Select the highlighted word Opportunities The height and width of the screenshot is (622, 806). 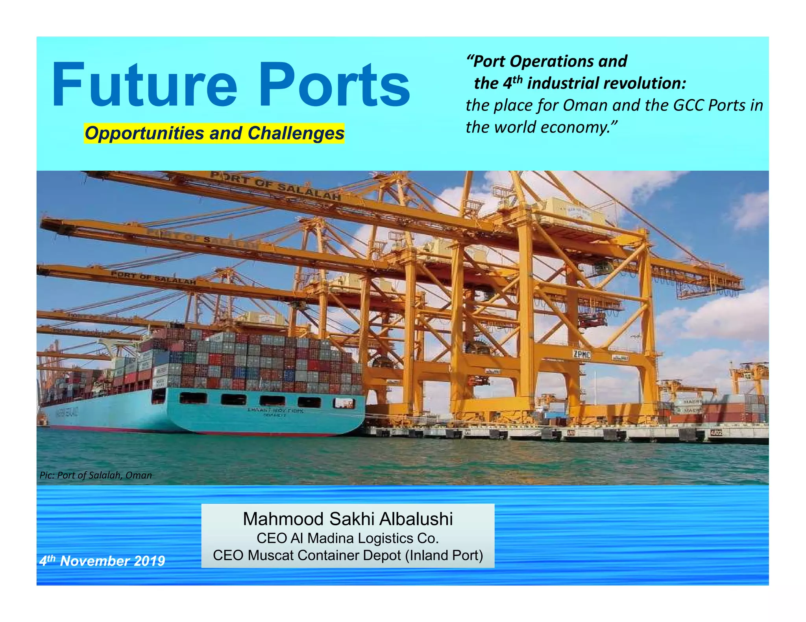point(144,134)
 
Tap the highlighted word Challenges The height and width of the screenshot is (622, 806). point(296,134)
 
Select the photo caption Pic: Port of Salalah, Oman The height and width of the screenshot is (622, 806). point(96,475)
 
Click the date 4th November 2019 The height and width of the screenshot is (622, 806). point(102,561)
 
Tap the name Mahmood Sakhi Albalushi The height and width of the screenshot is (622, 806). point(348,519)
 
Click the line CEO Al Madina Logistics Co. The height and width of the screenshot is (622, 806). point(348,538)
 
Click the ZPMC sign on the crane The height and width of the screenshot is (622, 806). point(582,354)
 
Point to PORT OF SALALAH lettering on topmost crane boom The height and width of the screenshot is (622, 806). point(275,185)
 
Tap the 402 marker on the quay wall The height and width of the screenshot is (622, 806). point(716,433)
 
